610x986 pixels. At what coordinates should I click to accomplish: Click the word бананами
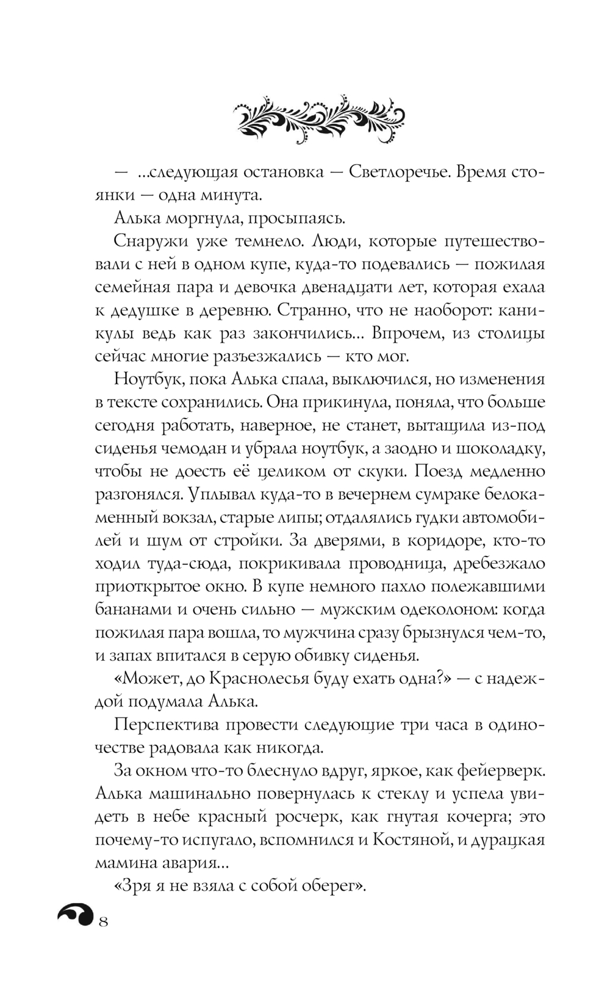coord(135,610)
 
